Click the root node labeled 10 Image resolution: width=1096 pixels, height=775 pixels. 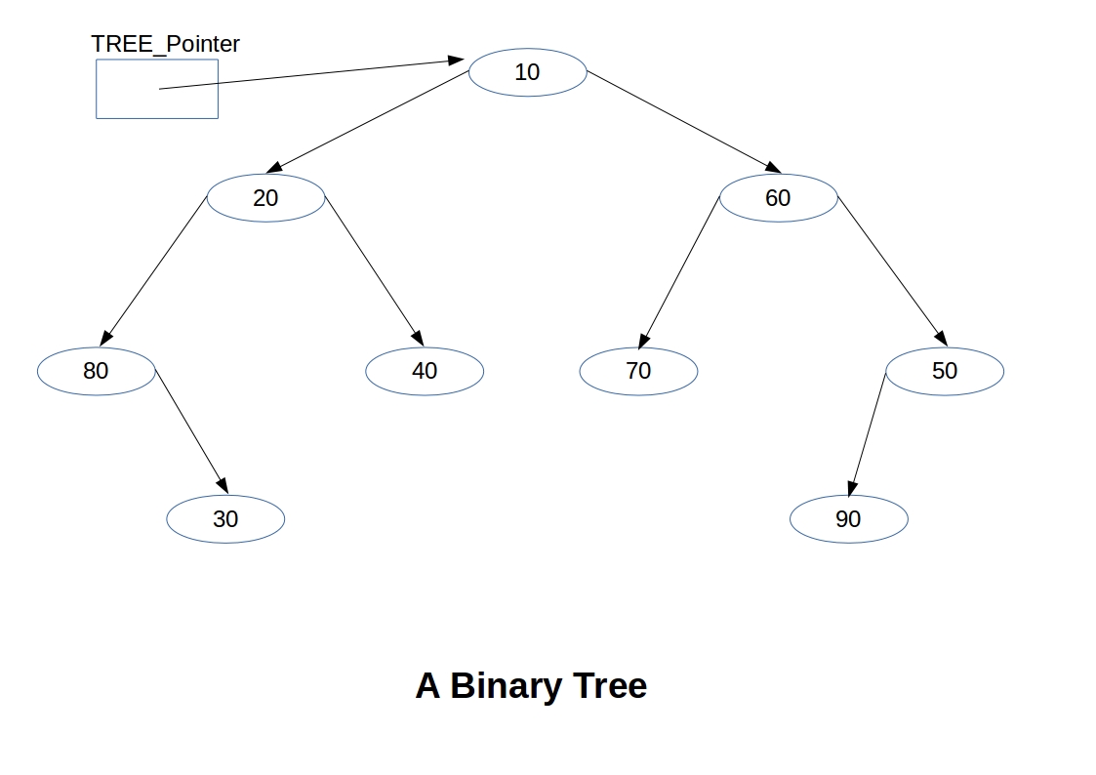tap(527, 72)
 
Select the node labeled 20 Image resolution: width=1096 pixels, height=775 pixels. tap(265, 198)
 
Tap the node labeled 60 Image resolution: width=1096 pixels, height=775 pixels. tap(778, 198)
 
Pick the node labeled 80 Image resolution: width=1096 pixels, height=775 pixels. tap(96, 371)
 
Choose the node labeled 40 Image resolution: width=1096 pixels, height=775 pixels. tap(425, 371)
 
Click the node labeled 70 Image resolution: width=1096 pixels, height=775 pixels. tap(638, 371)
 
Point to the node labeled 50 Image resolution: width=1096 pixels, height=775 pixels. tap(944, 371)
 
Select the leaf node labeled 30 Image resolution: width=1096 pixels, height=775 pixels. tap(225, 519)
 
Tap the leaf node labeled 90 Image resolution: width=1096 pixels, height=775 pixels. tap(848, 519)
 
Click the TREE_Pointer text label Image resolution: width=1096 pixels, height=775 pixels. tap(165, 44)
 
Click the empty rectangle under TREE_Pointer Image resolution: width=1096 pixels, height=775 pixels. tap(127, 102)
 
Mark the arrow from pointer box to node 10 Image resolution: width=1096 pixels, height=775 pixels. tap(312, 74)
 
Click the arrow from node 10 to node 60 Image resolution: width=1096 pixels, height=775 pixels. tap(683, 121)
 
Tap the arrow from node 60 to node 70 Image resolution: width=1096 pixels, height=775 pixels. tap(680, 270)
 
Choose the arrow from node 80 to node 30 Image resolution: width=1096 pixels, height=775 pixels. tap(191, 430)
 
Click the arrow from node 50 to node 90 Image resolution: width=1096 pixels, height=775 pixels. tap(868, 433)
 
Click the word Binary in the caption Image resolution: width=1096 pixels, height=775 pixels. tap(506, 686)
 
